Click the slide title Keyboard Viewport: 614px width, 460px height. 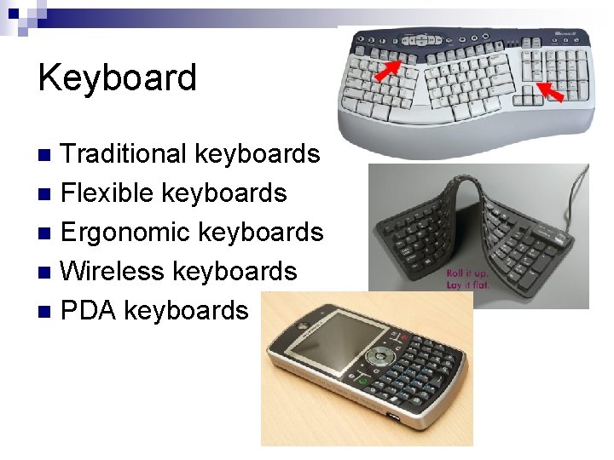(x=117, y=78)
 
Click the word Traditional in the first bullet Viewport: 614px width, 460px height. (x=125, y=154)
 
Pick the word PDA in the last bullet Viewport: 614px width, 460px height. (x=89, y=311)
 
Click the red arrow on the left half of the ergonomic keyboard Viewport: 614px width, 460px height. (x=393, y=67)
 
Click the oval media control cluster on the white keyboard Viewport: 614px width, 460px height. (x=424, y=38)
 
